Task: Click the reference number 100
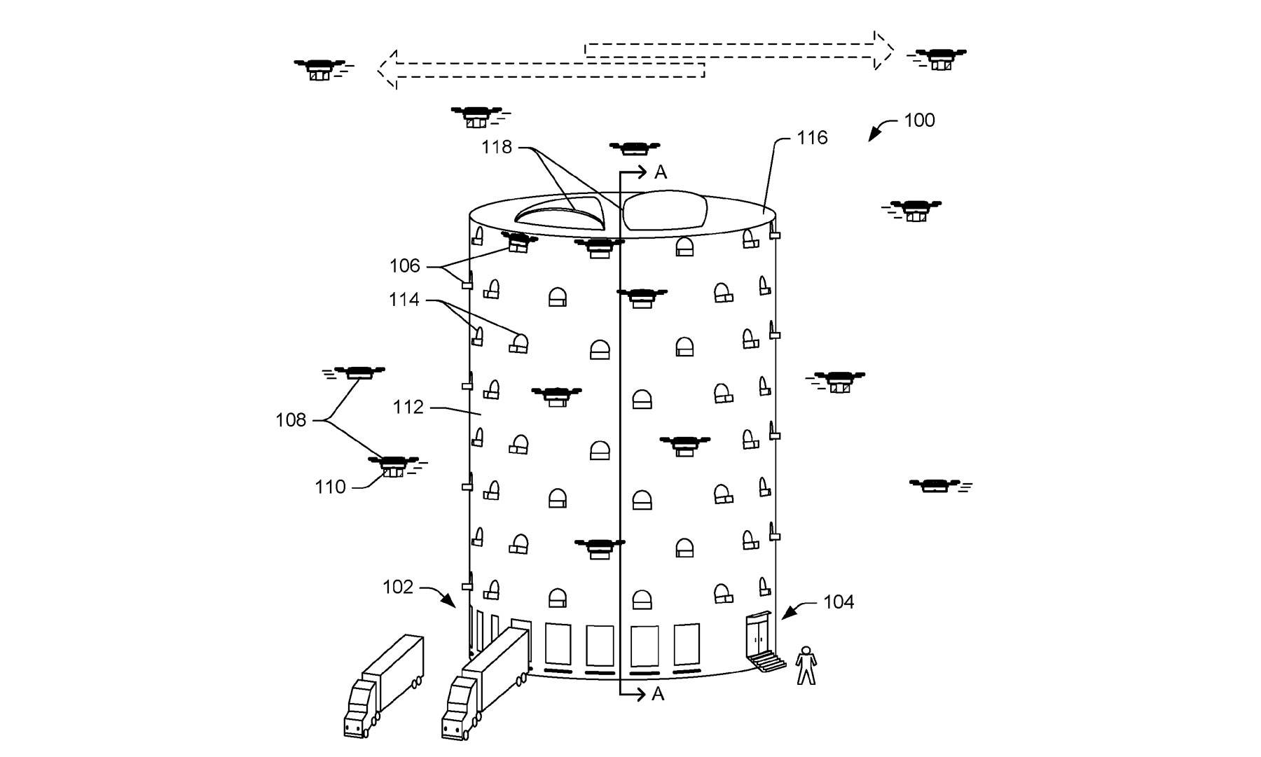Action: click(919, 120)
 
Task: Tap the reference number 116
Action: click(812, 138)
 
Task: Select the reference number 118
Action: click(496, 147)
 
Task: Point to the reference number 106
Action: click(404, 266)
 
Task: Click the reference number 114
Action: click(404, 300)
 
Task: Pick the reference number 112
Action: click(408, 407)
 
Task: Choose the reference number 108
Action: click(291, 420)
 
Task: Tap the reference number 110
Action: click(330, 487)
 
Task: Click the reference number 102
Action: click(398, 587)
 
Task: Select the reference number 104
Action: click(838, 602)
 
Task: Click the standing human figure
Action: click(806, 665)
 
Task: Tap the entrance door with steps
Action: click(759, 641)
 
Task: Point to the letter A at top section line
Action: click(660, 172)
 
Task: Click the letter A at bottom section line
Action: click(657, 694)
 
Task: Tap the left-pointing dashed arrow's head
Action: click(387, 69)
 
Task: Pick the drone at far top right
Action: click(937, 59)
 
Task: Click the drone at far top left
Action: click(319, 69)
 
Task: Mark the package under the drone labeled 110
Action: click(393, 473)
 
